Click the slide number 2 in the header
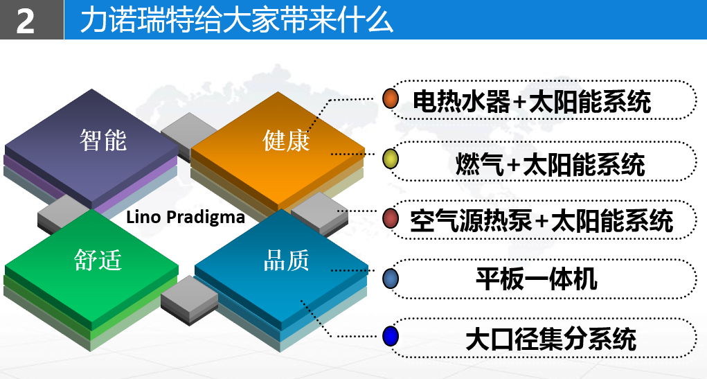[25, 21]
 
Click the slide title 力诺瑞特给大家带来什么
[237, 20]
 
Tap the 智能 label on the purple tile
[103, 140]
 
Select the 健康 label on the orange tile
[286, 140]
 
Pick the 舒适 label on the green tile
[98, 260]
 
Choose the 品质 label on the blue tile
[286, 260]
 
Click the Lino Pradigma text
[186, 217]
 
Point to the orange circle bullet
[391, 99]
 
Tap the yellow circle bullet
[391, 159]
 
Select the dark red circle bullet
[391, 218]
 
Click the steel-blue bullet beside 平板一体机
[391, 279]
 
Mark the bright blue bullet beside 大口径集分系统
[391, 336]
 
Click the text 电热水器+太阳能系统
[532, 101]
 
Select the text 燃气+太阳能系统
[550, 164]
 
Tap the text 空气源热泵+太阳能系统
[542, 220]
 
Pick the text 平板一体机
[537, 279]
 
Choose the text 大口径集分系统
[551, 339]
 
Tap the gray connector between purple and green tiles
[63, 213]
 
